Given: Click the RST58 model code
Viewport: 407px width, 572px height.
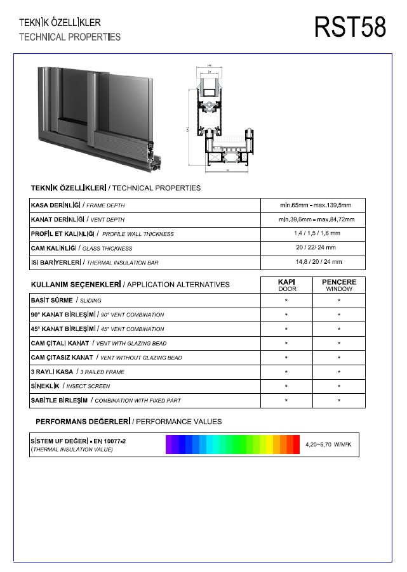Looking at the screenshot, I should point(350,27).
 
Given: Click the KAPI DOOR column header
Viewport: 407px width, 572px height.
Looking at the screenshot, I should point(286,285).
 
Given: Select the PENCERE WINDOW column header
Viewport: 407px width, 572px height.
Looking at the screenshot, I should point(339,285).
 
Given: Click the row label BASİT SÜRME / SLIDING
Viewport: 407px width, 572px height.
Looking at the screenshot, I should point(66,301).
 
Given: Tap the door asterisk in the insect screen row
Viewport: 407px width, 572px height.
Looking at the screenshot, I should point(286,386).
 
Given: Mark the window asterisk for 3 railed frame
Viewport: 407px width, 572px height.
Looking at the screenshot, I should point(339,372).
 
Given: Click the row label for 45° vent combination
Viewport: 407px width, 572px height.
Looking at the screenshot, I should point(97,329).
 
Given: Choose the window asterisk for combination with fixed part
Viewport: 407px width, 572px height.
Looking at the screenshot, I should point(339,401).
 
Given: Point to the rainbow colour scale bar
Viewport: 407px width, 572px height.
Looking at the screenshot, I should point(232,445).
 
